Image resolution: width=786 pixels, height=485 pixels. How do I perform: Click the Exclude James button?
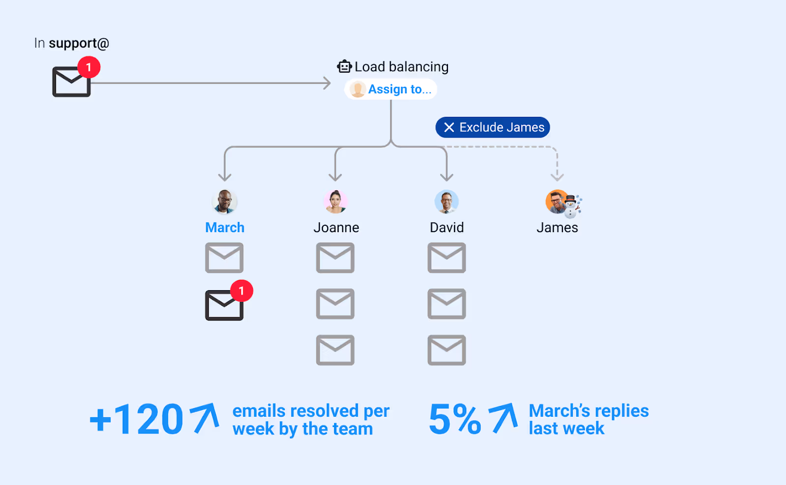pos(492,128)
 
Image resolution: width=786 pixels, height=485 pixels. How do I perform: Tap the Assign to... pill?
pos(391,89)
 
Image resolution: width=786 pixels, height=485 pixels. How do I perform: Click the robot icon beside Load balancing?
pos(344,66)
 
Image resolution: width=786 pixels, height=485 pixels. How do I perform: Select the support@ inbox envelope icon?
pos(71,82)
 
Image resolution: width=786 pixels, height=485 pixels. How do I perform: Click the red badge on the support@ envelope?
pos(89,67)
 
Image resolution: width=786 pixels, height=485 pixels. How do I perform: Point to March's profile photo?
pos(225,202)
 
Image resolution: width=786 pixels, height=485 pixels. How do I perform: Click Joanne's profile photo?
pos(336,202)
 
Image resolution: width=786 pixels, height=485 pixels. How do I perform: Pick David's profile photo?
pos(447,202)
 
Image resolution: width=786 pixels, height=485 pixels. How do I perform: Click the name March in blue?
pos(225,228)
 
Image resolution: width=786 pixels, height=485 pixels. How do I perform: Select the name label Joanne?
pos(336,228)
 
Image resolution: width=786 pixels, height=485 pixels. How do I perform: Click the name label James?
pos(557,228)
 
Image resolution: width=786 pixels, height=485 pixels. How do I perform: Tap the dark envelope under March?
pos(224,305)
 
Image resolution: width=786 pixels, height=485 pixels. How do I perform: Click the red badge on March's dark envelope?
pos(241,291)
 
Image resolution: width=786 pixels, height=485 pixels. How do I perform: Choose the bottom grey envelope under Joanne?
pos(335,350)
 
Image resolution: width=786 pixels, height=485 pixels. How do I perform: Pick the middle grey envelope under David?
pos(447,304)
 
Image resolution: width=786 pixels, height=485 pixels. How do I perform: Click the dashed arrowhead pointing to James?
pos(557,176)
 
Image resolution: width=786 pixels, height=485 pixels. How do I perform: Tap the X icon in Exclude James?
pos(449,128)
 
